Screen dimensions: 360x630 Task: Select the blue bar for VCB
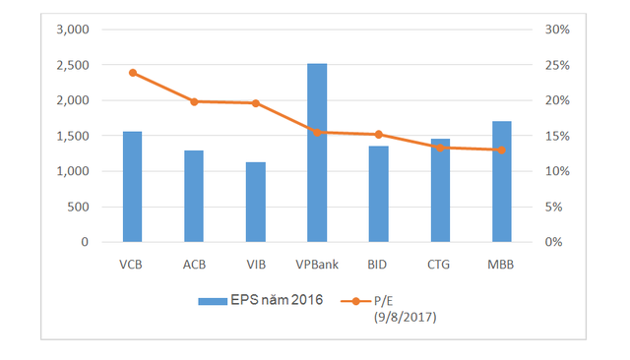point(132,187)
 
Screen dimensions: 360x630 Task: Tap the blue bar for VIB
point(255,202)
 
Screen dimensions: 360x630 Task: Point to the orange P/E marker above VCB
point(132,73)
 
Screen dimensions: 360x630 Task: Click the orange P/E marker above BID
point(379,135)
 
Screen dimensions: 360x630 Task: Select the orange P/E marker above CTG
point(440,148)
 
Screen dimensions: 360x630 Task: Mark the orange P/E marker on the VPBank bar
point(317,132)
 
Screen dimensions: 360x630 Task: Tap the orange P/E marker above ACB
point(194,101)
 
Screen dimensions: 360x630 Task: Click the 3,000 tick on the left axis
point(71,30)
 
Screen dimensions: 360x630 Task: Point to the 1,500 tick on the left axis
point(71,136)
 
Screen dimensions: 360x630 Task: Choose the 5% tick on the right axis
point(555,207)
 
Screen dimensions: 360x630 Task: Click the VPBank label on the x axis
point(317,265)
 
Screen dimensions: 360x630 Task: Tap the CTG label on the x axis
point(440,265)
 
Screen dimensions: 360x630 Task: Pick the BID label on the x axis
point(379,265)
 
